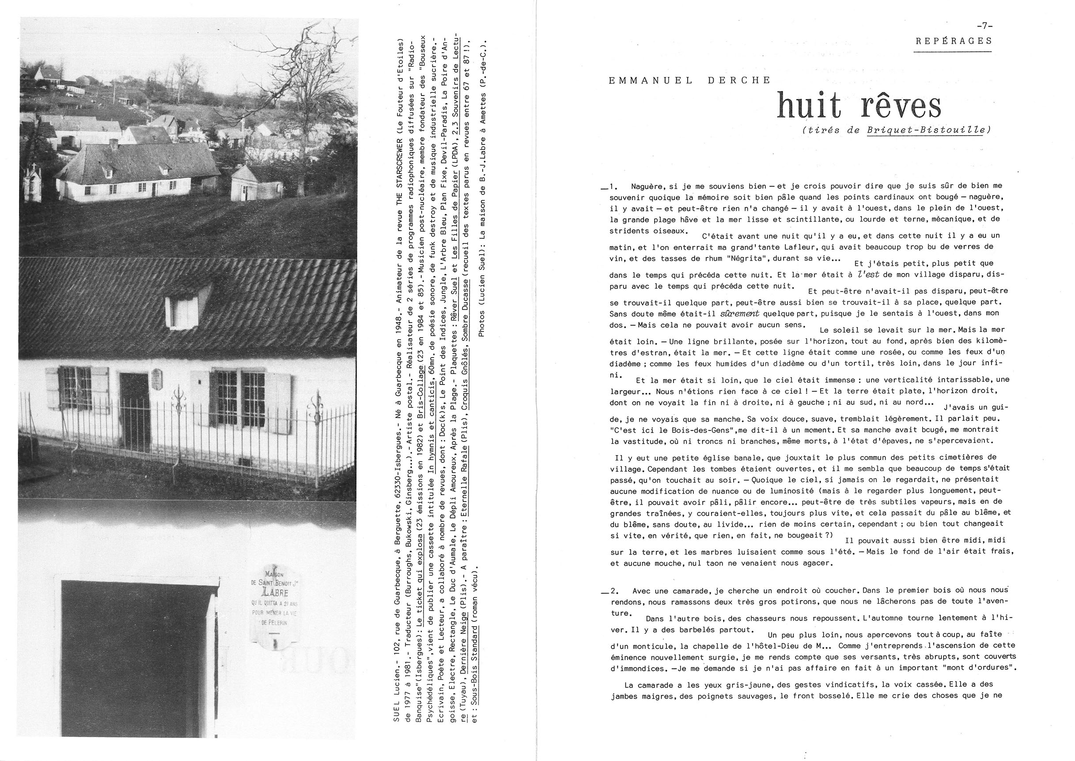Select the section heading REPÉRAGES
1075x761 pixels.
tap(953, 41)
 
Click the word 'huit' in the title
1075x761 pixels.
tap(809, 106)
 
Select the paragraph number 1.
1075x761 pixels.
tap(612, 187)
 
